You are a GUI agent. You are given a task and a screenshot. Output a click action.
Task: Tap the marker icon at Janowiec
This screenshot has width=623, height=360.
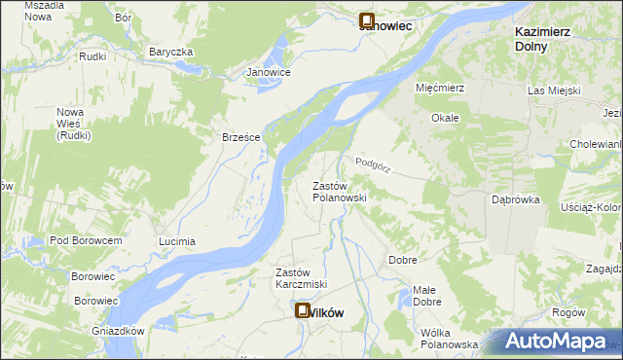point(368,19)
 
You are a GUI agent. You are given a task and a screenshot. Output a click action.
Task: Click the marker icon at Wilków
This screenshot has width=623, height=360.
point(302,310)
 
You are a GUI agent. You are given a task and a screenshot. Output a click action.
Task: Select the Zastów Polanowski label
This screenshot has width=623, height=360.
point(339,191)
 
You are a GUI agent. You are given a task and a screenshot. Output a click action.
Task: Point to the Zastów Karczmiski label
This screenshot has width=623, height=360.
point(301,277)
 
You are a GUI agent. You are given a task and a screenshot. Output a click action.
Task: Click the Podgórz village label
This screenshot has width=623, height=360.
point(373,165)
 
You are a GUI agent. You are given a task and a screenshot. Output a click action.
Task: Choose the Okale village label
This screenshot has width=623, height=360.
point(445,117)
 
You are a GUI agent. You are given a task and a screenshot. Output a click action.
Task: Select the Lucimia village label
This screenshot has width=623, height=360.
point(177,240)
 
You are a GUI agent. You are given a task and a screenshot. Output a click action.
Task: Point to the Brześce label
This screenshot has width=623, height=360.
point(240,137)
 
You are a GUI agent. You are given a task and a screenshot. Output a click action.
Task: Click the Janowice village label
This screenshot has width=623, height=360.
point(269,72)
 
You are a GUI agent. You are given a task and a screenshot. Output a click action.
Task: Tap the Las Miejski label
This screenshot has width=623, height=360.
point(554,90)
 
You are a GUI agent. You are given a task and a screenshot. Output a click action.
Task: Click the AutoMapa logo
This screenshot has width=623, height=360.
point(557,342)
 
